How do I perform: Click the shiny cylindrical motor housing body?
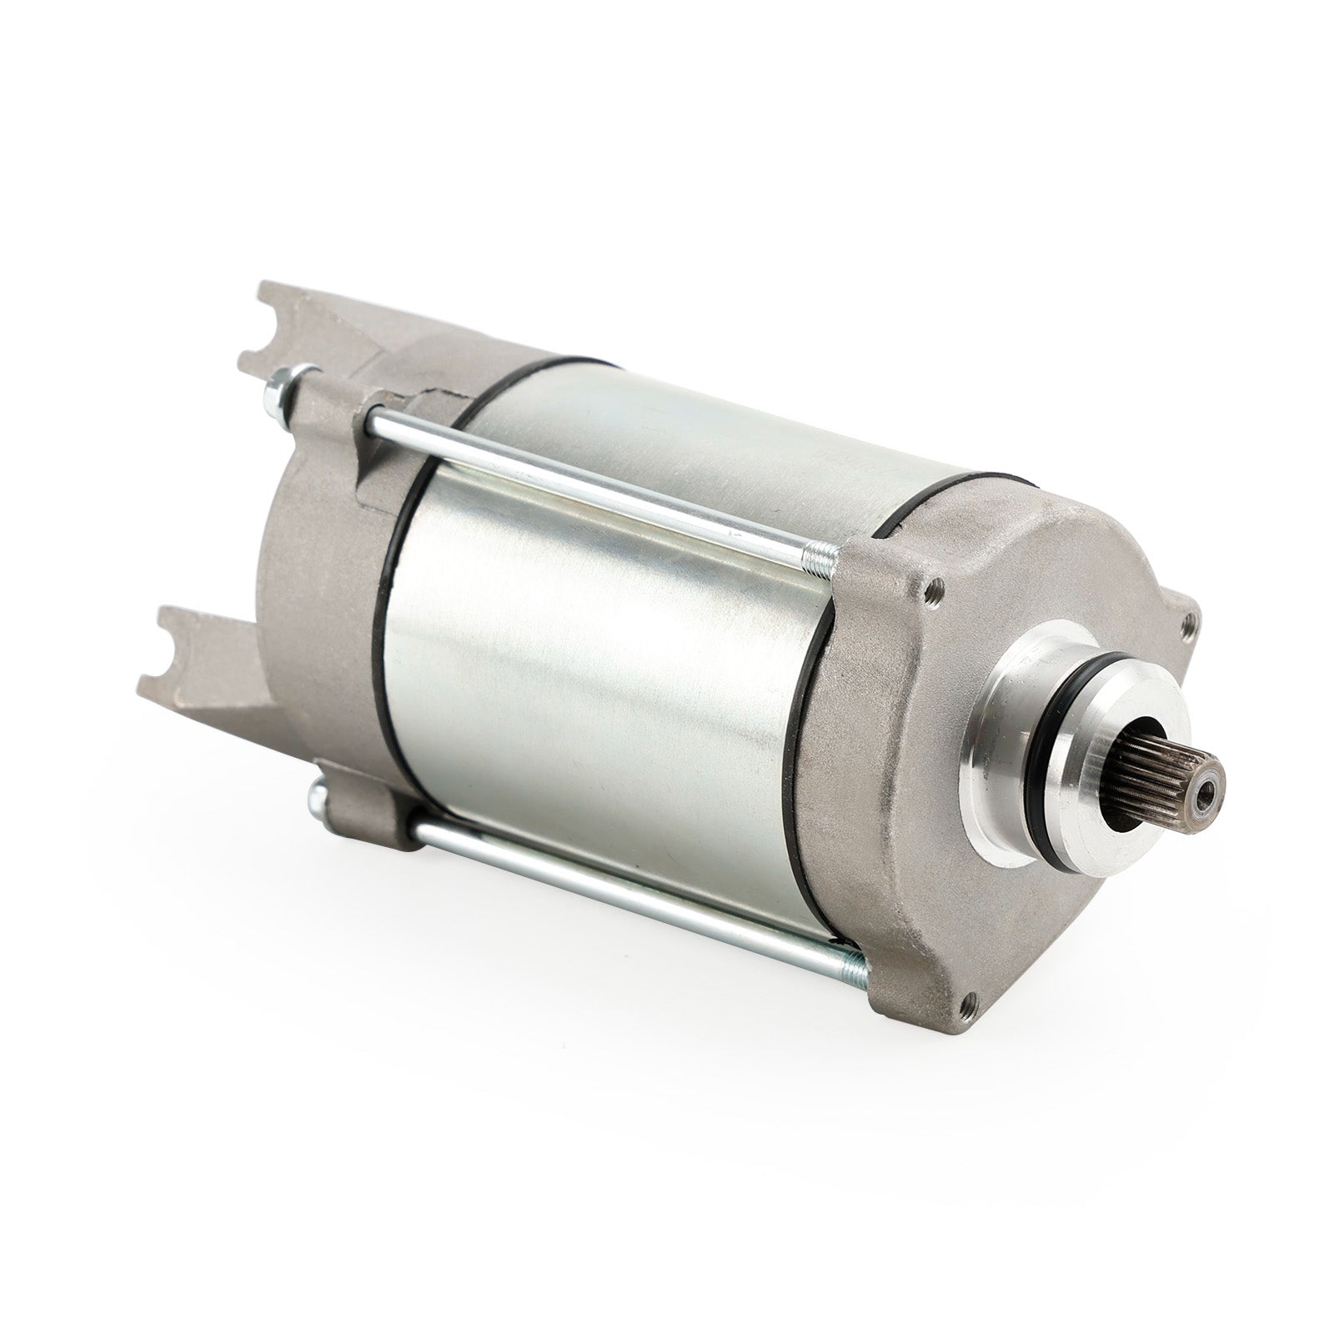point(600,684)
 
